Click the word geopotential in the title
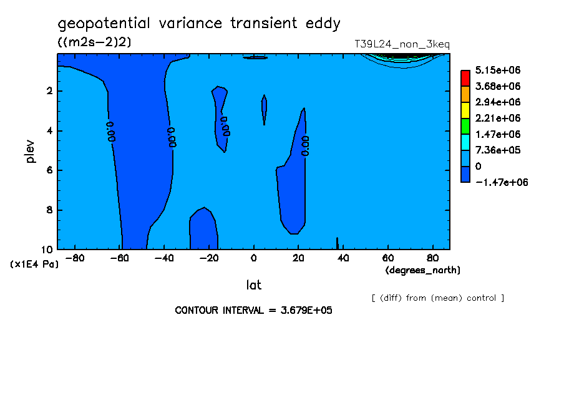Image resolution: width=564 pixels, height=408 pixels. [104, 24]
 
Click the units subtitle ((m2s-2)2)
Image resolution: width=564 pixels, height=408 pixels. [94, 42]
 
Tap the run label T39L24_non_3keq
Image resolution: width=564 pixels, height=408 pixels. [402, 44]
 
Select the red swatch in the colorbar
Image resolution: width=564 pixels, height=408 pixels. [465, 78]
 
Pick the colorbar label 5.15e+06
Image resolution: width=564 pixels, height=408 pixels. [497, 70]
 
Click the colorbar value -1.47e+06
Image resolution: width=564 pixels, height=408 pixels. [502, 182]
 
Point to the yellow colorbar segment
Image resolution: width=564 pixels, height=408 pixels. [465, 110]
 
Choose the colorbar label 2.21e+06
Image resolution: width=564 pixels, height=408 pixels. [497, 118]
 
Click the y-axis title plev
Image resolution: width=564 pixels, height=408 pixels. [31, 151]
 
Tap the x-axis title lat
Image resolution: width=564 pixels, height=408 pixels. [253, 285]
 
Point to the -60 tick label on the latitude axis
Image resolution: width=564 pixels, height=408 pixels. [119, 258]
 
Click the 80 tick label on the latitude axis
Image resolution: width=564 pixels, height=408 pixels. [433, 258]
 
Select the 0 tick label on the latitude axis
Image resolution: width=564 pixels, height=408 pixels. [253, 258]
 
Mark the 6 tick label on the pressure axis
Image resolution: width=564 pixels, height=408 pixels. [49, 170]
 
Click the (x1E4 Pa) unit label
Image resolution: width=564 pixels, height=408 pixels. [34, 265]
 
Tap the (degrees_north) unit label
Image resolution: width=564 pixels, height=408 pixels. [422, 270]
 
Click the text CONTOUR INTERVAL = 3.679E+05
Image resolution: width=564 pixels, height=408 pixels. [253, 310]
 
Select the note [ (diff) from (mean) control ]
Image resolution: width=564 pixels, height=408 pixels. [438, 298]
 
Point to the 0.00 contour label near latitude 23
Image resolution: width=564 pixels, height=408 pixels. [305, 146]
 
